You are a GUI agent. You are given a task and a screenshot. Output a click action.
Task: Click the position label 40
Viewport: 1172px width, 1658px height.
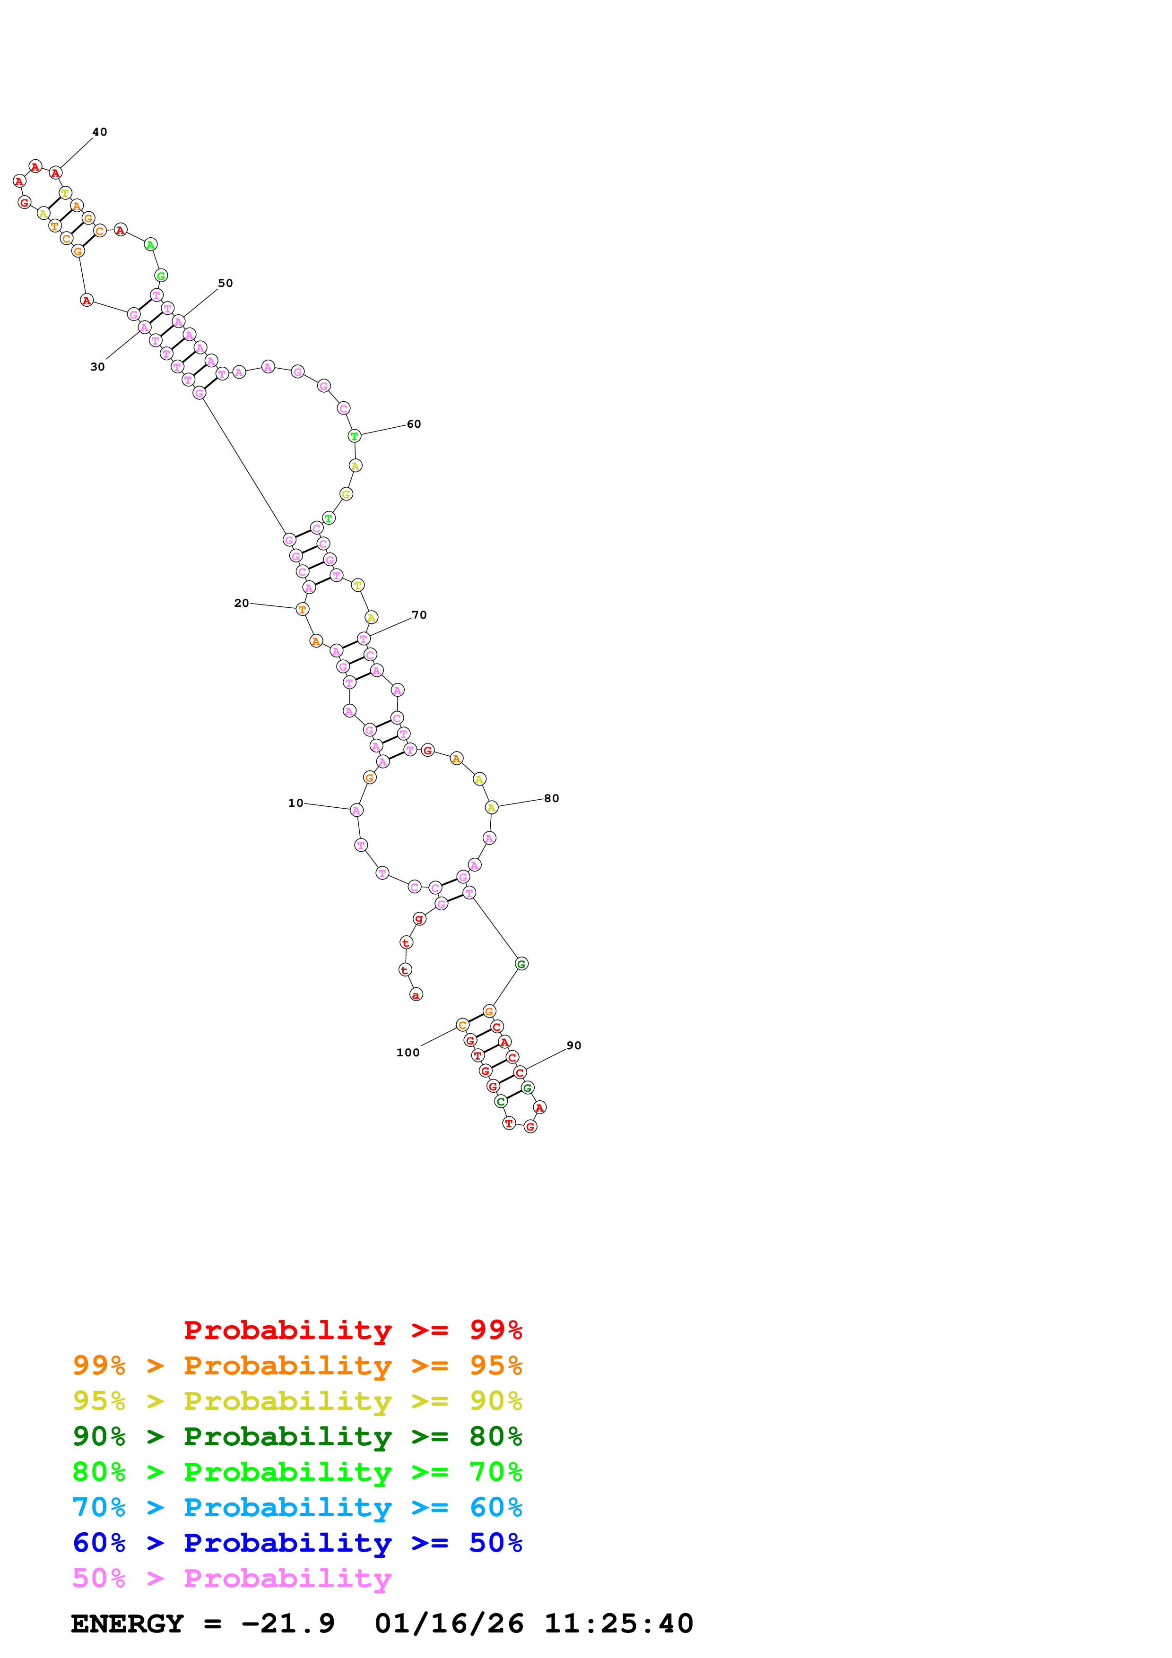[100, 132]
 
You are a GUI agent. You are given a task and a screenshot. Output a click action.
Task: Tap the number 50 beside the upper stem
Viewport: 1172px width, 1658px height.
[226, 283]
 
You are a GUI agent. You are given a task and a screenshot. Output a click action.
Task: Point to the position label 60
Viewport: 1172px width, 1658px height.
[414, 424]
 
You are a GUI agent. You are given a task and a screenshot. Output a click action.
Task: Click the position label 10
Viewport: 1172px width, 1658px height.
[295, 803]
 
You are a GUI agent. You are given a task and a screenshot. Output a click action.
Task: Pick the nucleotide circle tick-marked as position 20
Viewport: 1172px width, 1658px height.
[302, 610]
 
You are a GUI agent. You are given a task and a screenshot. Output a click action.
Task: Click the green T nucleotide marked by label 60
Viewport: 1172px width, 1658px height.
[355, 436]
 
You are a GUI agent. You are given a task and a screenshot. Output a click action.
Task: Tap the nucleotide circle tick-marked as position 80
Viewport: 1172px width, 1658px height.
[491, 807]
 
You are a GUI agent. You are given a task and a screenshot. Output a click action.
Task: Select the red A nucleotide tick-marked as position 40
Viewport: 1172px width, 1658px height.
[56, 173]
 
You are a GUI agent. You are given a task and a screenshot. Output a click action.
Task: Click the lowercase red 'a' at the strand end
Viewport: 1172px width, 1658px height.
[416, 995]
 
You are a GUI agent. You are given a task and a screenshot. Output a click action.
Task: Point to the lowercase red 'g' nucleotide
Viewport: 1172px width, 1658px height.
[419, 918]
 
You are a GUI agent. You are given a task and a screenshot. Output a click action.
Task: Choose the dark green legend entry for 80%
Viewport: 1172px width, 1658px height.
[297, 1436]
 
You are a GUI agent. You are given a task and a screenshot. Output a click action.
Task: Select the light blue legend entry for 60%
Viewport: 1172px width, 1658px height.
[297, 1507]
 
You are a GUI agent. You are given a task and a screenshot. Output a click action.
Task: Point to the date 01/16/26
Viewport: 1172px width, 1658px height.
[449, 1624]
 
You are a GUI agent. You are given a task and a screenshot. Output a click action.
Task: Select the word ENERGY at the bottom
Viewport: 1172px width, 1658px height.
[127, 1624]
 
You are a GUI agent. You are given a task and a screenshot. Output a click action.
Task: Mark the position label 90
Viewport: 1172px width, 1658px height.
[574, 1045]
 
